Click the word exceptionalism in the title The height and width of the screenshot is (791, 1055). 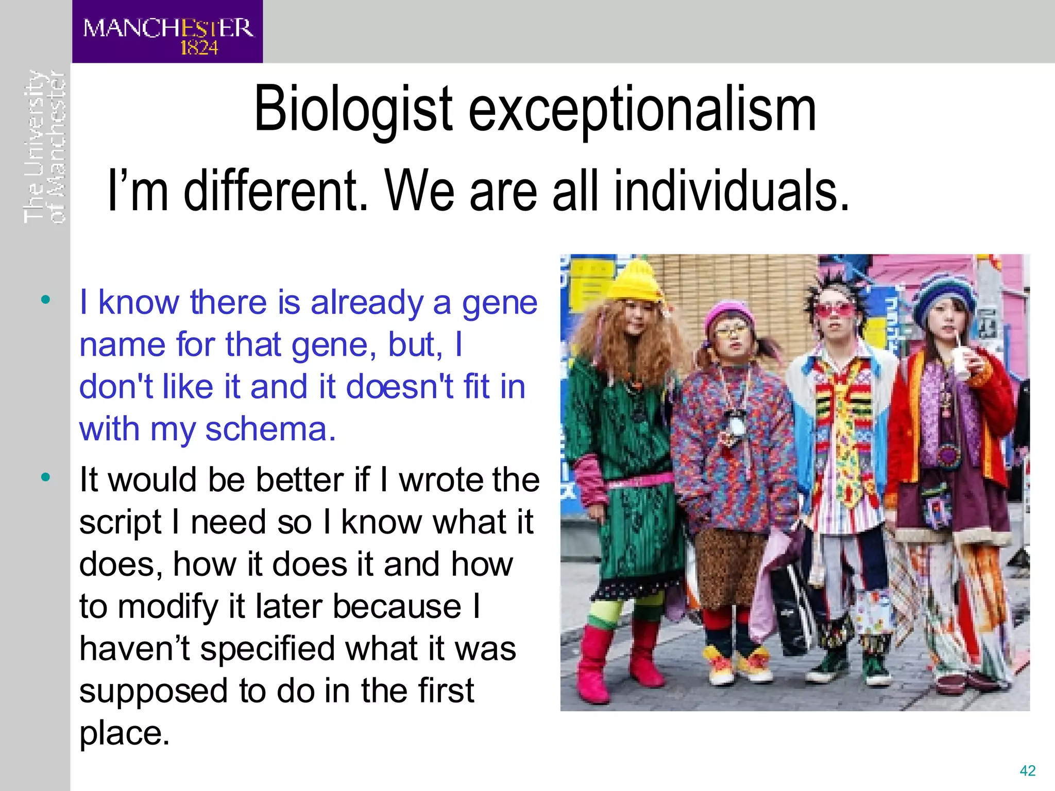(x=642, y=110)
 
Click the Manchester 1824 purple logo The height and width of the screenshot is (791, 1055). (x=167, y=32)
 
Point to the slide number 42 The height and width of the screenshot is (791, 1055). (x=1027, y=770)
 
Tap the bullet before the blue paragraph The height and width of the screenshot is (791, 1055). (x=46, y=299)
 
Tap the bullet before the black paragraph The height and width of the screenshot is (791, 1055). (x=46, y=477)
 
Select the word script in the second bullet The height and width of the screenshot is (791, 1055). (x=121, y=522)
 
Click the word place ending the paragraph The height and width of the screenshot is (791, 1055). (x=124, y=733)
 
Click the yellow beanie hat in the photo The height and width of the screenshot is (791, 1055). (x=635, y=282)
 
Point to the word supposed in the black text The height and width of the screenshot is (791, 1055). (x=154, y=691)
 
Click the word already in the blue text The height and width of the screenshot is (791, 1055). (x=367, y=302)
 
